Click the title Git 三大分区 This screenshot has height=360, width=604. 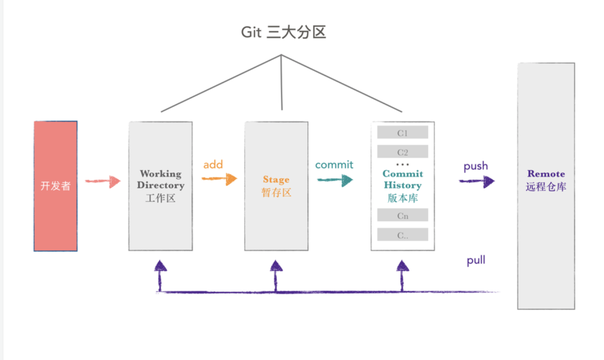click(283, 33)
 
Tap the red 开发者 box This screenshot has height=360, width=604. click(56, 186)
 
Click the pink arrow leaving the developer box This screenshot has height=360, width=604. click(103, 181)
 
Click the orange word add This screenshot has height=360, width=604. click(213, 165)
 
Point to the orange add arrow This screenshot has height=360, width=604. click(220, 179)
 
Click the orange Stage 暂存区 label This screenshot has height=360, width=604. click(276, 186)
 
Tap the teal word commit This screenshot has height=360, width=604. click(334, 165)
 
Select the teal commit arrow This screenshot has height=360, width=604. click(335, 180)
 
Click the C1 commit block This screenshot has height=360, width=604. click(403, 133)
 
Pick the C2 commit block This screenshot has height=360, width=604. click(403, 152)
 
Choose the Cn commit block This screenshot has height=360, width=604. click(403, 216)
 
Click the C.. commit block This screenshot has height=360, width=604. click(403, 235)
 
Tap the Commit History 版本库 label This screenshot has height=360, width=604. click(402, 186)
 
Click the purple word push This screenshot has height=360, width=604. click(476, 166)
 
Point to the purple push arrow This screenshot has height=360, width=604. click(477, 181)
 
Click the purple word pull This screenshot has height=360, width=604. click(476, 261)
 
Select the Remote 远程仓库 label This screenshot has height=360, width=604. click(546, 180)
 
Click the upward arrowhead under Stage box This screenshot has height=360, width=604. click(276, 266)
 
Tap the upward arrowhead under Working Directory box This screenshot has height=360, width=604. click(160, 266)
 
